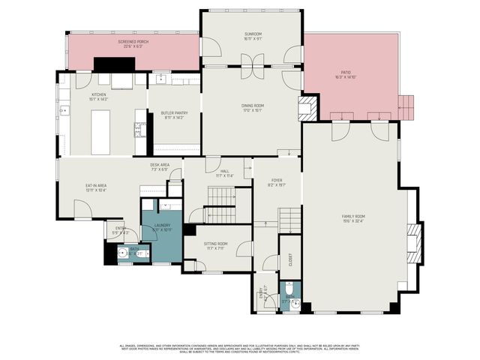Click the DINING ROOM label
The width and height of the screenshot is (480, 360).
pyautogui.click(x=253, y=107)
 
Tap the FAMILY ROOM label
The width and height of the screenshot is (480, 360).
pyautogui.click(x=352, y=218)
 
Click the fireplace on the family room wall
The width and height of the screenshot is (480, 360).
pyautogui.click(x=412, y=243)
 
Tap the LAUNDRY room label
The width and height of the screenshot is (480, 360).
pyautogui.click(x=163, y=226)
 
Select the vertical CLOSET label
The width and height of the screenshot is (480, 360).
pyautogui.click(x=289, y=259)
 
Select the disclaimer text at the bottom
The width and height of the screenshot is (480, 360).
pyautogui.click(x=240, y=347)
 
